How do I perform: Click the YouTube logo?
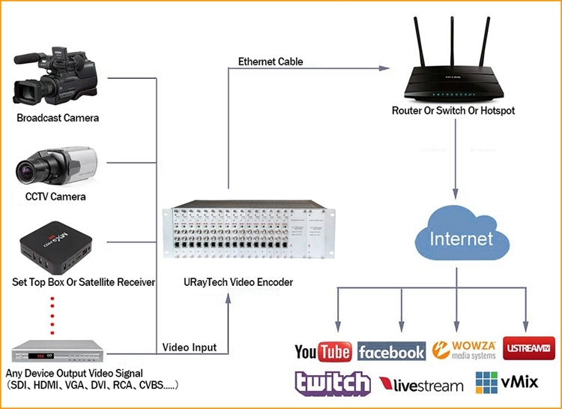(x=324, y=351)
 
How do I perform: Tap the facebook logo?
(x=391, y=351)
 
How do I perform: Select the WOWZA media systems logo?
(x=465, y=350)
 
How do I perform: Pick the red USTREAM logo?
(x=529, y=349)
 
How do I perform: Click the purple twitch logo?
(x=332, y=383)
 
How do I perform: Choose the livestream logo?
(x=421, y=385)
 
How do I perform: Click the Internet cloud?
(x=461, y=237)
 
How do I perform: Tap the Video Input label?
(x=190, y=347)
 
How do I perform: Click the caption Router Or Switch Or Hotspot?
(x=453, y=111)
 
